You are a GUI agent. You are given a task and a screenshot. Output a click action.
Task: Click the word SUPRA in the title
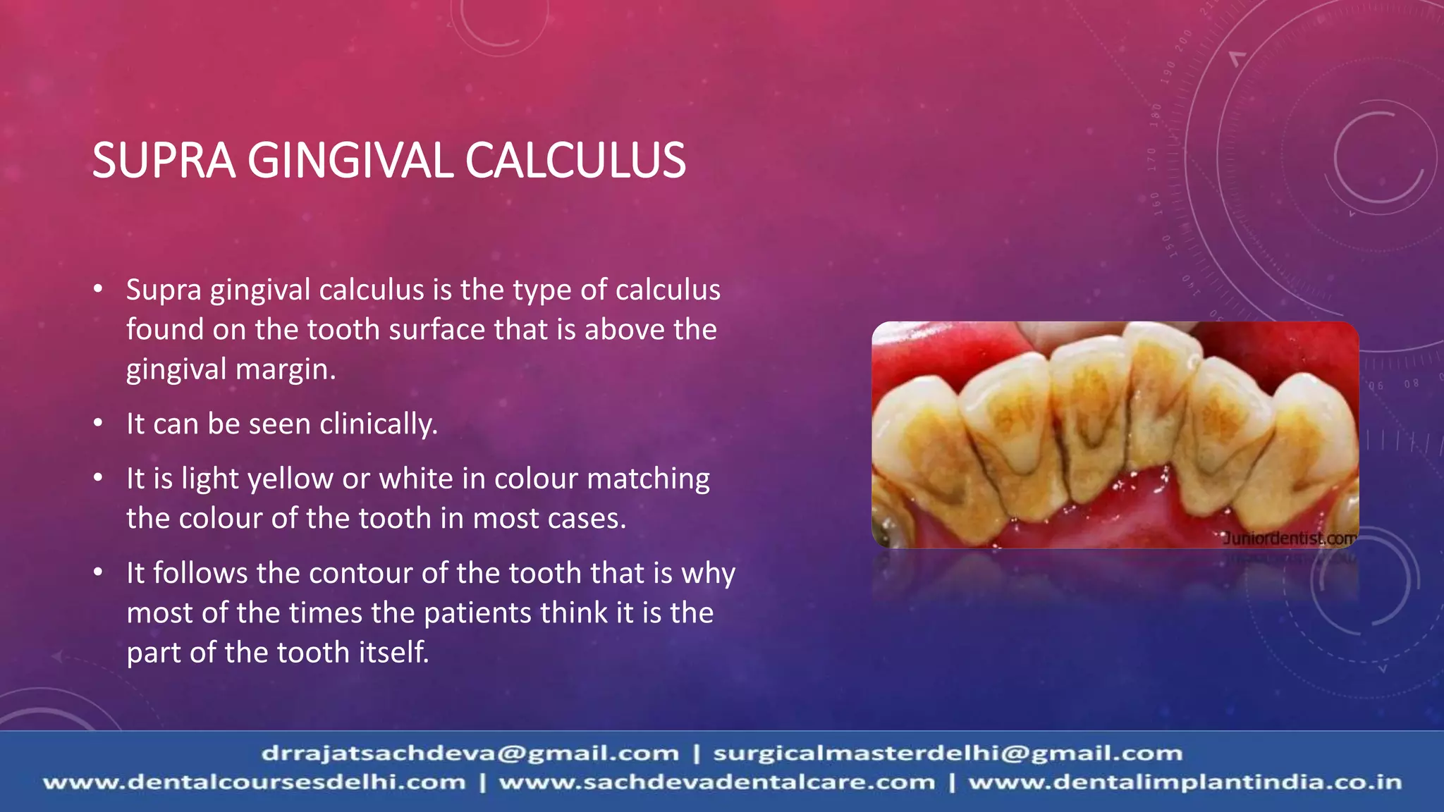point(163,161)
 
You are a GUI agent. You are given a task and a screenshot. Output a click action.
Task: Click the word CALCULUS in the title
point(575,161)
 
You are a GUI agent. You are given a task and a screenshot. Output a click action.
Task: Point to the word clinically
point(378,424)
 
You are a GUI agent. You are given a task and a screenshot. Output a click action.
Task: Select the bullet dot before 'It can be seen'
point(99,424)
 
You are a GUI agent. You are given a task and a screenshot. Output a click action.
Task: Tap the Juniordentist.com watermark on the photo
point(1289,539)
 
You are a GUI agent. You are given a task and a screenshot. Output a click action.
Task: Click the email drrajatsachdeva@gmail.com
point(470,753)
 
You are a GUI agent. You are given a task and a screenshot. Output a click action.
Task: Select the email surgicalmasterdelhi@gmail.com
point(948,753)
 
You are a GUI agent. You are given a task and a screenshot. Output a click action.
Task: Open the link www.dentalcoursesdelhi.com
point(255,782)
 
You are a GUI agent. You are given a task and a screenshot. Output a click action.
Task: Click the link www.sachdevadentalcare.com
point(717,782)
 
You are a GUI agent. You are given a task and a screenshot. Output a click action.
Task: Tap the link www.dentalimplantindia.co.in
point(1185,782)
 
